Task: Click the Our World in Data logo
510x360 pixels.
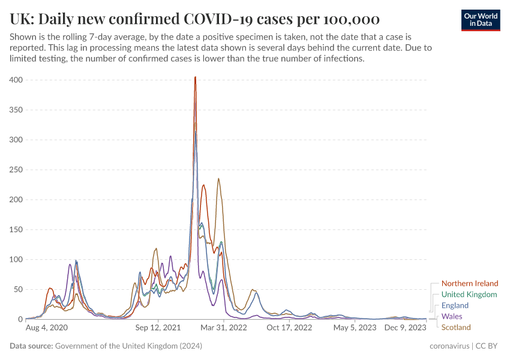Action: tap(480, 20)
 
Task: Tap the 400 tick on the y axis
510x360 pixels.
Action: tap(16, 80)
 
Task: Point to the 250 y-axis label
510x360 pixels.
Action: tap(16, 170)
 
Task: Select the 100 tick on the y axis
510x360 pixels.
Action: tap(16, 260)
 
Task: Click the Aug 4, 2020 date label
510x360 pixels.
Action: tap(47, 328)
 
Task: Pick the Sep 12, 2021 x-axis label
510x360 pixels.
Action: tap(157, 328)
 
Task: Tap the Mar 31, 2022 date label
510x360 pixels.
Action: tap(223, 328)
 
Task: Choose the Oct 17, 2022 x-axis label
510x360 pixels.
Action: tap(289, 328)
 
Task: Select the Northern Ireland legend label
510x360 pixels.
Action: tap(469, 283)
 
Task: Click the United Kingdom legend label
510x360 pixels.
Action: tap(469, 295)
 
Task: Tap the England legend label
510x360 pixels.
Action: tap(455, 305)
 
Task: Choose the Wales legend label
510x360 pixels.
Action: tap(451, 316)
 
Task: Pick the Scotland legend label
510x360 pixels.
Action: tap(456, 328)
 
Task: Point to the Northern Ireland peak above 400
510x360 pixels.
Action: tap(195, 77)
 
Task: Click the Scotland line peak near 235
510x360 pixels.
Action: tap(218, 178)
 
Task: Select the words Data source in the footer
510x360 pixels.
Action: tap(31, 346)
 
